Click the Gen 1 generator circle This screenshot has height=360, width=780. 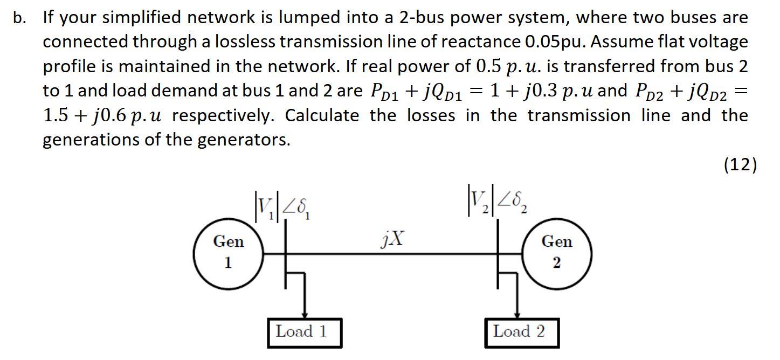pyautogui.click(x=229, y=253)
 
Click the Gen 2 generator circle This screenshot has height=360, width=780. pyautogui.click(x=557, y=253)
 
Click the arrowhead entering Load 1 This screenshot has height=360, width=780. pyautogui.click(x=305, y=315)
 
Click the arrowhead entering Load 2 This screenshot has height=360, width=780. pyautogui.click(x=518, y=315)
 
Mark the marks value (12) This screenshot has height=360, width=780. pyautogui.click(x=740, y=164)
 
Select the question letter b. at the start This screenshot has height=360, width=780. pyautogui.click(x=20, y=18)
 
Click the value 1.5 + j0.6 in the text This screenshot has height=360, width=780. pyautogui.click(x=82, y=116)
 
